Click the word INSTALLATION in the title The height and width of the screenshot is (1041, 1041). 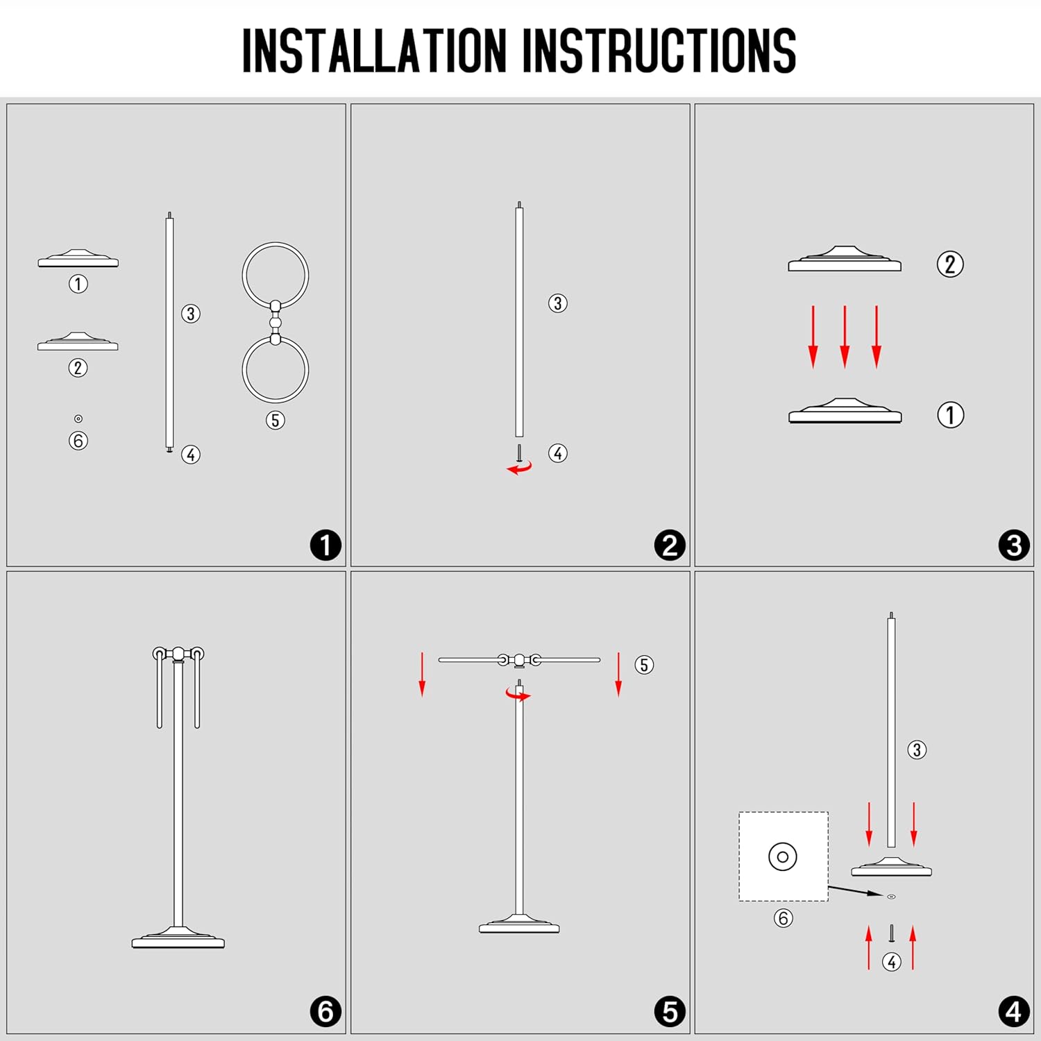(374, 51)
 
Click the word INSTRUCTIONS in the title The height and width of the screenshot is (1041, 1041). (659, 51)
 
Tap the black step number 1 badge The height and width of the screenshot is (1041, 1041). (325, 545)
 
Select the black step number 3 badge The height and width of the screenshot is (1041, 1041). (1014, 545)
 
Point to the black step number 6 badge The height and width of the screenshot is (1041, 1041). (325, 1011)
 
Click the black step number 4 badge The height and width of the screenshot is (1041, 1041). (1014, 1011)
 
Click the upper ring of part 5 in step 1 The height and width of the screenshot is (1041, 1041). (276, 243)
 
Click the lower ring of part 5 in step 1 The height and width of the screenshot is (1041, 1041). (276, 402)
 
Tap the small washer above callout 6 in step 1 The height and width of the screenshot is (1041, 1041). (78, 418)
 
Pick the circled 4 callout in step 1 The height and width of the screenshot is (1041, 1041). (191, 455)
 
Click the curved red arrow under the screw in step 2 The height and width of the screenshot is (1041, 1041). (519, 468)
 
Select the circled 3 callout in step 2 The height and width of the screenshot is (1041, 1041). (558, 303)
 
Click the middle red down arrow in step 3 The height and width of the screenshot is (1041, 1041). (845, 337)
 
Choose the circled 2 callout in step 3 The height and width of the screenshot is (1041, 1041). (950, 264)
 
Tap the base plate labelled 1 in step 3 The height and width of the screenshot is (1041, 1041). (845, 412)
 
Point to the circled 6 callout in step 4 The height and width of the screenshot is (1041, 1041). (784, 918)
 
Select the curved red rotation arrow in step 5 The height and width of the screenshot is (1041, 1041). (518, 695)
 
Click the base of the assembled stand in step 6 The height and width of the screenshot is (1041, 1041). (178, 938)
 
